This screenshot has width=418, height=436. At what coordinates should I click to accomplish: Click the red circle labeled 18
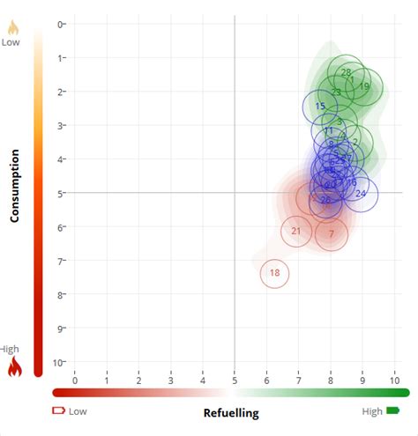(x=274, y=273)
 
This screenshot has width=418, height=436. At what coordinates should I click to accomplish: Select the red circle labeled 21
(x=296, y=232)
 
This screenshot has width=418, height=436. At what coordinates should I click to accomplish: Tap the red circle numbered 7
(x=332, y=233)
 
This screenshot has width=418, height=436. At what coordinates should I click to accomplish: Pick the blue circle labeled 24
(x=360, y=194)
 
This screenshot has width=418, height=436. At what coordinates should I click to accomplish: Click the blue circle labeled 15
(x=320, y=107)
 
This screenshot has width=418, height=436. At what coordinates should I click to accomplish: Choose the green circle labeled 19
(x=363, y=86)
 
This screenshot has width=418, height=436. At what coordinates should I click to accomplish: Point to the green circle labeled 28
(x=346, y=73)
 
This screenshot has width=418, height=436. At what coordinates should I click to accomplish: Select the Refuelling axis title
(x=231, y=413)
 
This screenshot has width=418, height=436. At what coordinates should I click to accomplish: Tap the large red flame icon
(x=14, y=366)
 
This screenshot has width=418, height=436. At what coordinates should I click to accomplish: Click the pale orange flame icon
(x=12, y=26)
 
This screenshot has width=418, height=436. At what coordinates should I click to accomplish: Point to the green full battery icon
(x=392, y=410)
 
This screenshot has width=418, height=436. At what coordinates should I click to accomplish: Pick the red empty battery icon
(x=59, y=410)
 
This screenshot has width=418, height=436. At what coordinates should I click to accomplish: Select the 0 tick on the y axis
(x=60, y=24)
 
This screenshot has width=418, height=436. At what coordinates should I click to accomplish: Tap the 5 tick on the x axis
(x=235, y=380)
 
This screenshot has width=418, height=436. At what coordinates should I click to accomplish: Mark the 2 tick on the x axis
(x=138, y=380)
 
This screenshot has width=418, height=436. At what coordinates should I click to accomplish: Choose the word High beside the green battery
(x=372, y=410)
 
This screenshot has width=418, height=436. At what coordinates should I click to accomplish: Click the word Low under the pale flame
(x=11, y=41)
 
